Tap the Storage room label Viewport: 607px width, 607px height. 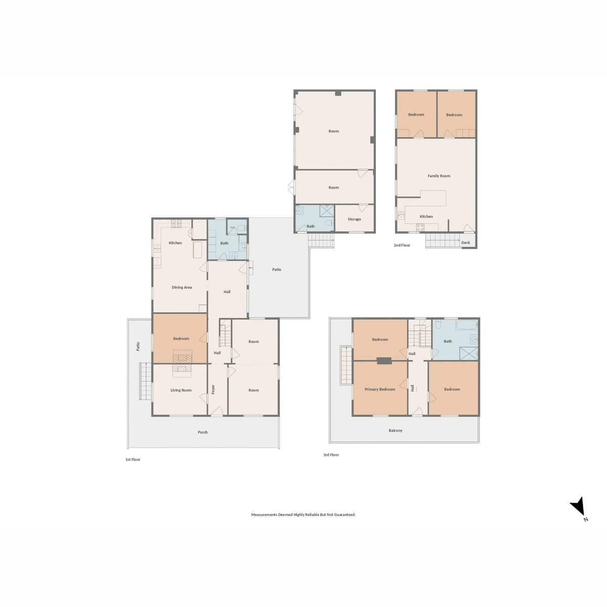354,219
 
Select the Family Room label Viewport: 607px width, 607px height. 439,176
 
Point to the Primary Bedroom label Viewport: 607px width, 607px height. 379,389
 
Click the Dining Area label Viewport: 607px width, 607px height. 182,287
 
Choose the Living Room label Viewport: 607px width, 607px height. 181,391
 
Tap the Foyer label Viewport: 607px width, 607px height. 213,389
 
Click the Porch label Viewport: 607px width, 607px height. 202,432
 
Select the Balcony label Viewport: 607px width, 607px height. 396,430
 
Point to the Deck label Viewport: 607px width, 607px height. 465,243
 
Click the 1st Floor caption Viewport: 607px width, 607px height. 133,460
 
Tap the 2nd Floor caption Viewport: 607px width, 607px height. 402,245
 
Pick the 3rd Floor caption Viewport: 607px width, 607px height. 331,455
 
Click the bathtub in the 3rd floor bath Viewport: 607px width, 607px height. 467,325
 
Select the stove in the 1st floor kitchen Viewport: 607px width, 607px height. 176,224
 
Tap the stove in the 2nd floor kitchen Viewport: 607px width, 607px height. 420,228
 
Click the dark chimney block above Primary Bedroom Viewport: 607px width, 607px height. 384,361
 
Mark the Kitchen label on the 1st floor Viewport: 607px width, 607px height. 175,243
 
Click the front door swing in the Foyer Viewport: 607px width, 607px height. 216,411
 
